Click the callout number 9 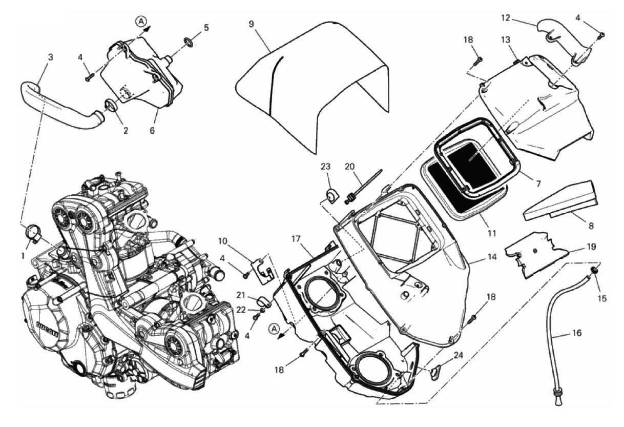tap(251, 24)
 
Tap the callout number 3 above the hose tap(50, 57)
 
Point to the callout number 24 tap(458, 356)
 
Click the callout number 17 tap(297, 239)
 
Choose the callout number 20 tap(349, 167)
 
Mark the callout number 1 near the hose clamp tap(24, 255)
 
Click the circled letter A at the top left tap(141, 21)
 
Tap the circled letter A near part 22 tap(275, 329)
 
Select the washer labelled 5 tap(188, 42)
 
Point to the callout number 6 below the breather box tap(152, 130)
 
